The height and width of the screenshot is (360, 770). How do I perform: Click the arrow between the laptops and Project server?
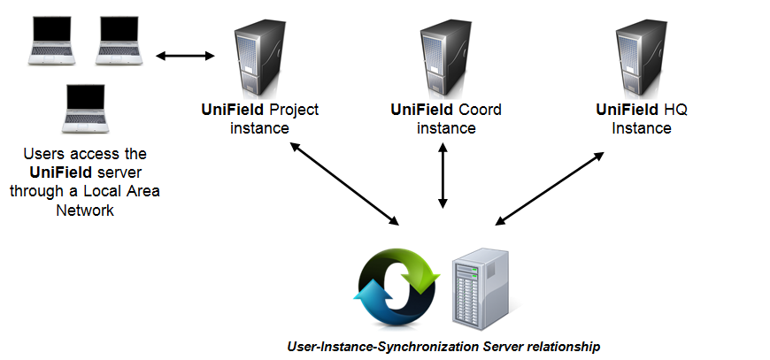186,57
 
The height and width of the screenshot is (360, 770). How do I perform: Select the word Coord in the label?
480,111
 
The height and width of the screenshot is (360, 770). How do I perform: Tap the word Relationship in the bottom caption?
561,347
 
